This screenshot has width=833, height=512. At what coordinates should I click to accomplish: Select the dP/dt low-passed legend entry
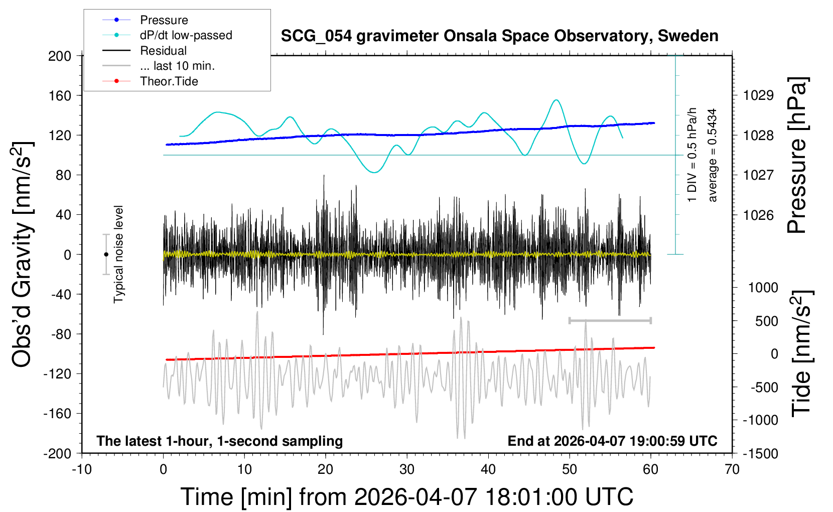[186, 35]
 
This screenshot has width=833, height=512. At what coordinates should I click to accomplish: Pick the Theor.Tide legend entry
[169, 81]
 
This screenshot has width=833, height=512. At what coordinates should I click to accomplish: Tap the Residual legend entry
[163, 51]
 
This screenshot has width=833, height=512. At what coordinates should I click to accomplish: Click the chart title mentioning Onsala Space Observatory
[499, 36]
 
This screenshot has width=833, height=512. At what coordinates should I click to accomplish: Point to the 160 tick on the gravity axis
[60, 95]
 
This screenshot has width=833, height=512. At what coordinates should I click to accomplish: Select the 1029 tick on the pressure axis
[758, 95]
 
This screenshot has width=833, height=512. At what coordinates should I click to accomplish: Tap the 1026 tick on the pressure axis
[758, 215]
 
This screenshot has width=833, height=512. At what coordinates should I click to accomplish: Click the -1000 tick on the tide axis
[760, 420]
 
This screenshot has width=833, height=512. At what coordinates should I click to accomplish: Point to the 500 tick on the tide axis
[766, 321]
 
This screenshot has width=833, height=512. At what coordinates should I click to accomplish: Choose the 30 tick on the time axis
[407, 470]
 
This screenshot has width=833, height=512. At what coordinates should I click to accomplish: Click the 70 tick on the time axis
[732, 470]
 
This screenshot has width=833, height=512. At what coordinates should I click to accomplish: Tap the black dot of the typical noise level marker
[106, 254]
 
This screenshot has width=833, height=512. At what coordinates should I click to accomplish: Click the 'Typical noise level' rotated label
[118, 254]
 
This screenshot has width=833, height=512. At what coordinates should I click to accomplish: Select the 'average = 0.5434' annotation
[713, 155]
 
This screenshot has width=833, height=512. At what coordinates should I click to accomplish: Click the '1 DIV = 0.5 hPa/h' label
[692, 155]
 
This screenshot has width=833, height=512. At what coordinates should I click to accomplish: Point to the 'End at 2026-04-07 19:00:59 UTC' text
[612, 441]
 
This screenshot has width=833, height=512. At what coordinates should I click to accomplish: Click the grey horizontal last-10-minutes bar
[610, 320]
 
